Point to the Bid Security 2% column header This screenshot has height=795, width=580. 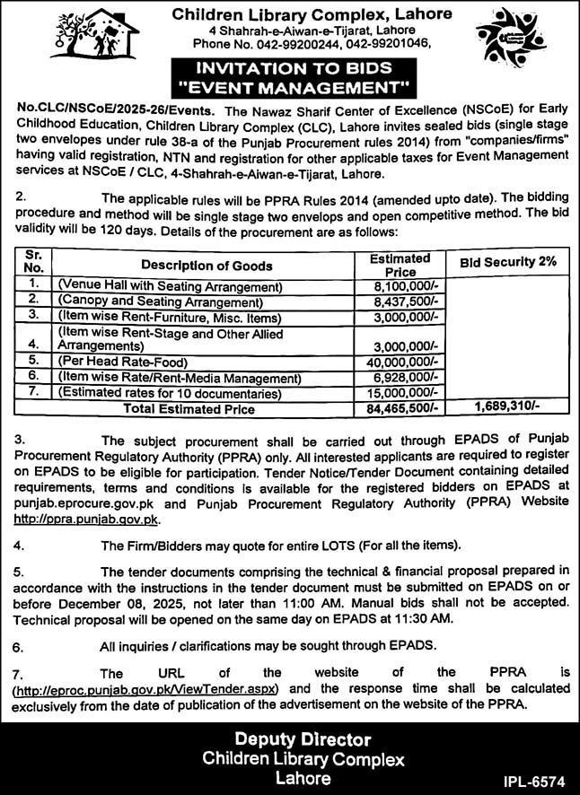coord(508,262)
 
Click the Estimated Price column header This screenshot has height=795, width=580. coord(400,264)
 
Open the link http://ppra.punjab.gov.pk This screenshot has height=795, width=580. coord(86,519)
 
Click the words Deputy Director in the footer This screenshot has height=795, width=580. coord(290,739)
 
